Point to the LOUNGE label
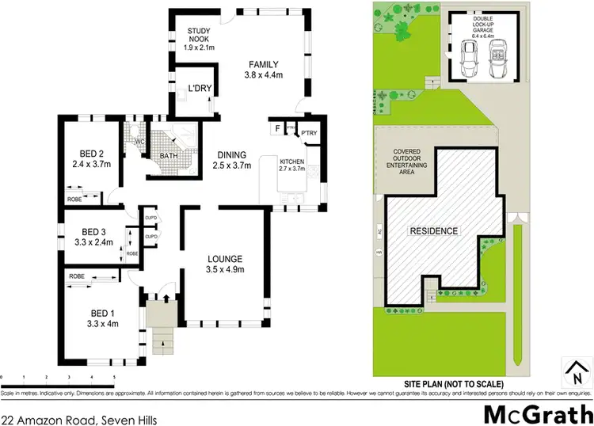(225, 259)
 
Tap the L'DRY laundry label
(199, 89)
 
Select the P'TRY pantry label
(308, 132)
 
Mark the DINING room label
(231, 154)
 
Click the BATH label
(169, 156)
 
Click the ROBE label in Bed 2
(74, 200)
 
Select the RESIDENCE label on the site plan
(433, 231)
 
